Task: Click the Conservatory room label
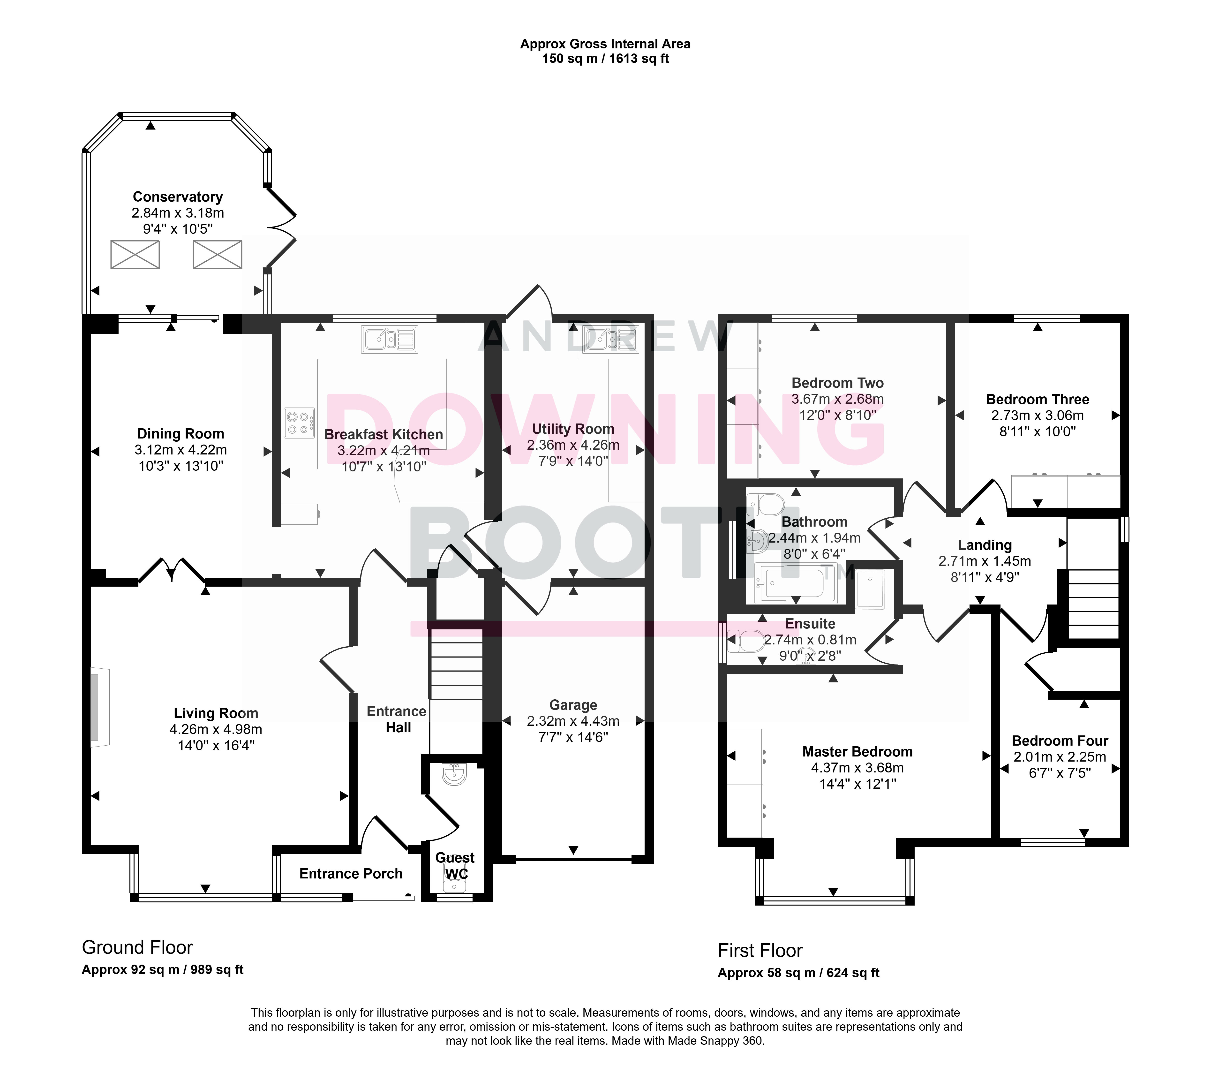click(178, 197)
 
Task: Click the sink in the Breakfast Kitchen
click(389, 340)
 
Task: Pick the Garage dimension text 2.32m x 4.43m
click(573, 721)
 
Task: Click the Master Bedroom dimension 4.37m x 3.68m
click(857, 768)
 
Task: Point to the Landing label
click(985, 545)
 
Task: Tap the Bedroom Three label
click(1038, 399)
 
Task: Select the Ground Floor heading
click(137, 947)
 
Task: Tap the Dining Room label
click(181, 434)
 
